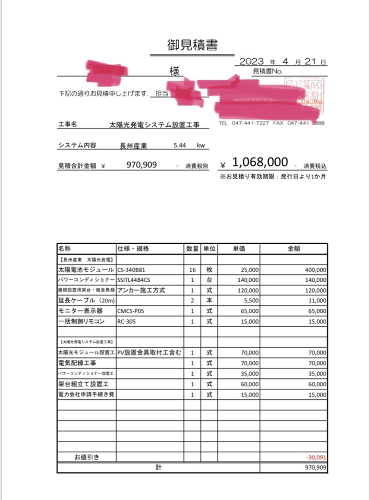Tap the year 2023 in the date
[x=252, y=62]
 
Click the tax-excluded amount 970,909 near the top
[x=142, y=165]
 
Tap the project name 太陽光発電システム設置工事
[x=155, y=125]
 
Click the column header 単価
[x=238, y=249]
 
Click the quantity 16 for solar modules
[x=193, y=270]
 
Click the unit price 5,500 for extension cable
[x=249, y=301]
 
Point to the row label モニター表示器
[x=80, y=312]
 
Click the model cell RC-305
[x=126, y=322]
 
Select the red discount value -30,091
[x=316, y=458]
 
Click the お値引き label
[x=86, y=458]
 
